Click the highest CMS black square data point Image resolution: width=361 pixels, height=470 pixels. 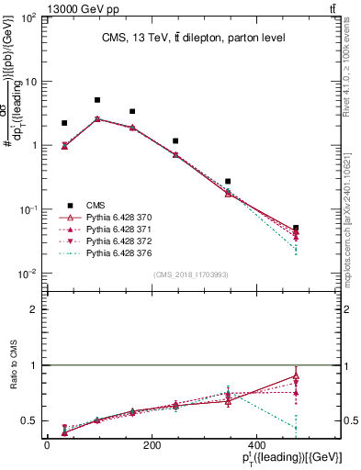click(x=97, y=100)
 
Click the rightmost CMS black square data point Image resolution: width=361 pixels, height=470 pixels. click(x=295, y=228)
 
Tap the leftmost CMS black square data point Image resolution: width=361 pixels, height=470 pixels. click(x=64, y=123)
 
